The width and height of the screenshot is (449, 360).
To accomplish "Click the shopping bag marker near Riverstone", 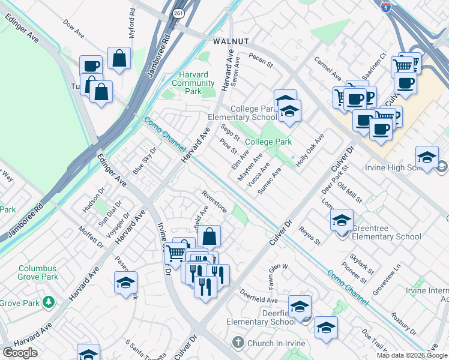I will [x=209, y=236].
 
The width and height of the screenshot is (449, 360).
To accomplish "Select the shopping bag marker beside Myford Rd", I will [x=119, y=59].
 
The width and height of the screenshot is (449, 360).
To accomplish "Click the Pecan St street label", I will [x=261, y=61].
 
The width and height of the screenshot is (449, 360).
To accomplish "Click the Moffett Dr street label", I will [x=91, y=236].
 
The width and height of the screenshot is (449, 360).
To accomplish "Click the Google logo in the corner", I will [x=20, y=352].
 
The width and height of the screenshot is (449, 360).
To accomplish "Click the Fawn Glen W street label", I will [x=279, y=272].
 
